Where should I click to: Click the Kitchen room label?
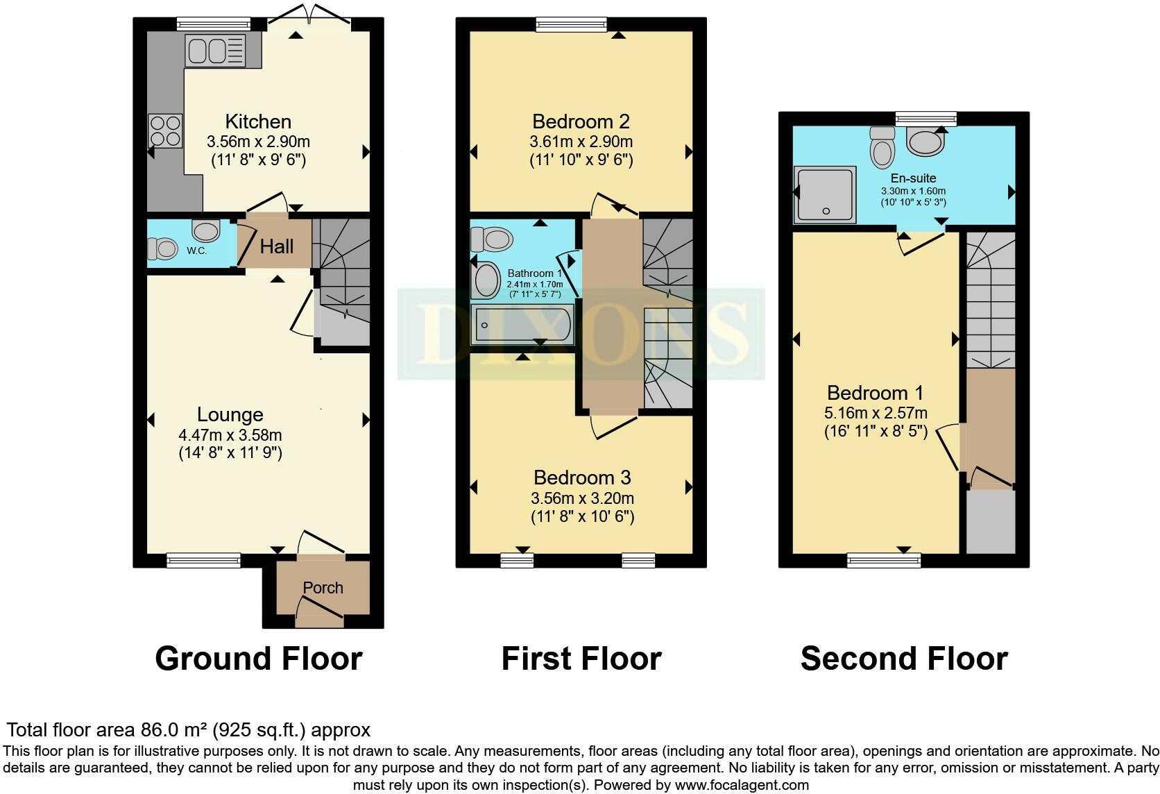click(x=258, y=121)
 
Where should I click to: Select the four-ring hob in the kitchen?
click(x=165, y=130)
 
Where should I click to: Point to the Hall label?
click(x=277, y=246)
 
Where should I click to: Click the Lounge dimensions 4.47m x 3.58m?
click(x=230, y=436)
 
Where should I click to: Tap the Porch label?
click(x=323, y=588)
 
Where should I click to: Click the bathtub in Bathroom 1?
click(x=522, y=326)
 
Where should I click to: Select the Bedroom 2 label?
click(x=581, y=121)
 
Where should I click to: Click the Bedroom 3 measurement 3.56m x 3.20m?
click(x=582, y=498)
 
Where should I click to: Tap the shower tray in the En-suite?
click(x=825, y=194)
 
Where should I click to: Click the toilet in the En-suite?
click(x=882, y=146)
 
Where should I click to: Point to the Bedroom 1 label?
click(x=875, y=393)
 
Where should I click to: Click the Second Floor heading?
click(x=903, y=659)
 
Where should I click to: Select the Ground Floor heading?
click(x=258, y=659)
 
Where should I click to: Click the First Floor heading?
click(x=581, y=659)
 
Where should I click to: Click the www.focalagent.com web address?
click(x=742, y=786)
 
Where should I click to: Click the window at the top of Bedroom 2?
click(x=572, y=25)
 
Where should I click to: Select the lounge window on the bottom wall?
click(x=203, y=560)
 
